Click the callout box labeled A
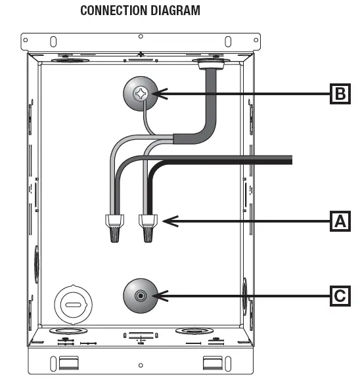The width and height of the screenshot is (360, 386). (x=340, y=221)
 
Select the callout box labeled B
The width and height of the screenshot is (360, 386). (x=340, y=93)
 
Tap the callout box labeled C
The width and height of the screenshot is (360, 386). (x=340, y=295)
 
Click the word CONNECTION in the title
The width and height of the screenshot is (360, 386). (x=114, y=11)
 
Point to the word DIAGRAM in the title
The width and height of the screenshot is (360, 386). (x=175, y=11)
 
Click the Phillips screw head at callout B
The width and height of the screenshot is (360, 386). (x=141, y=93)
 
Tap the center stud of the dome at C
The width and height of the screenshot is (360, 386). (x=141, y=295)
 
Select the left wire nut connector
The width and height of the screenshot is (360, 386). (x=114, y=228)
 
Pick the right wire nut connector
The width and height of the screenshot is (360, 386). (x=148, y=228)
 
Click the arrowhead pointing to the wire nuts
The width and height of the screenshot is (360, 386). (x=170, y=221)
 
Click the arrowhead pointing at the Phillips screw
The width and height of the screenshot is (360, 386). (x=160, y=94)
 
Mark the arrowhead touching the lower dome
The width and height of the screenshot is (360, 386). (x=160, y=295)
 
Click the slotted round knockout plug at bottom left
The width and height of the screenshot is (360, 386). (x=73, y=305)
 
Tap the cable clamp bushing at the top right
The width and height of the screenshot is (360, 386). (x=211, y=63)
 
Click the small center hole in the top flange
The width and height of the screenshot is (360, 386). (x=141, y=37)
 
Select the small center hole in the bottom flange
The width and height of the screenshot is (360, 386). (x=141, y=365)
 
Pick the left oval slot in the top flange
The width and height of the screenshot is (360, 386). (x=53, y=41)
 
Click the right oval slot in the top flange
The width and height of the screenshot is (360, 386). (x=228, y=41)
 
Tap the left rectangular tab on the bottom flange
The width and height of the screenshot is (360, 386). (x=69, y=363)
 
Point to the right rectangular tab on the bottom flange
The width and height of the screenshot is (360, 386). (x=213, y=363)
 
